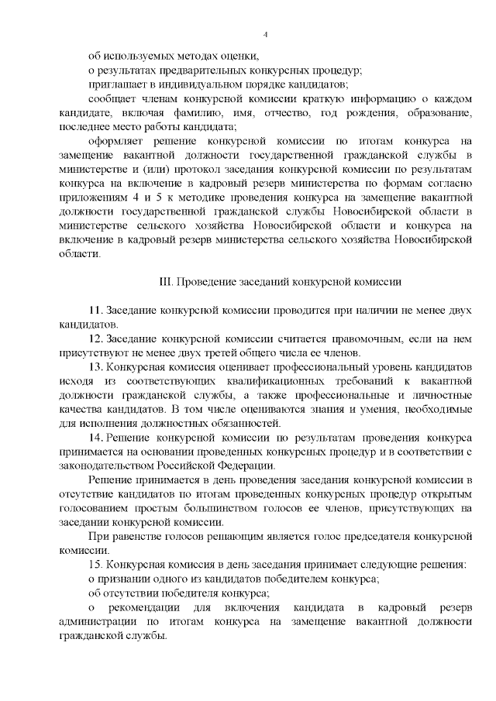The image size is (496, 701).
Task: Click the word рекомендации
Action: tap(145, 607)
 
